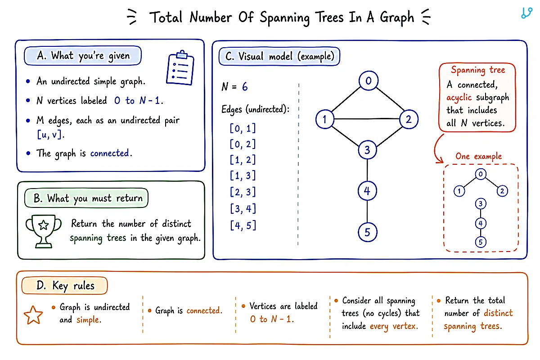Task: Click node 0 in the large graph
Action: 369,81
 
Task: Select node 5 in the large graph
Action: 367,232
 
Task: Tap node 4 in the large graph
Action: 367,191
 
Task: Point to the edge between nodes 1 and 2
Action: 367,119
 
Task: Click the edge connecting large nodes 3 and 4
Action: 367,170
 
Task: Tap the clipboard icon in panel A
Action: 180,68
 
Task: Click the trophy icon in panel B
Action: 44,231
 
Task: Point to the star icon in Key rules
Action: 33,315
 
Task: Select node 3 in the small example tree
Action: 481,204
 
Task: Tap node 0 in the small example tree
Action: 481,174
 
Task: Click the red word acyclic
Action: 459,98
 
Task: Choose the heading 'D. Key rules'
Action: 65,286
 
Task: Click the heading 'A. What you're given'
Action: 83,56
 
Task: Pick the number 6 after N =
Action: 245,86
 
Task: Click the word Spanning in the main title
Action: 284,18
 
